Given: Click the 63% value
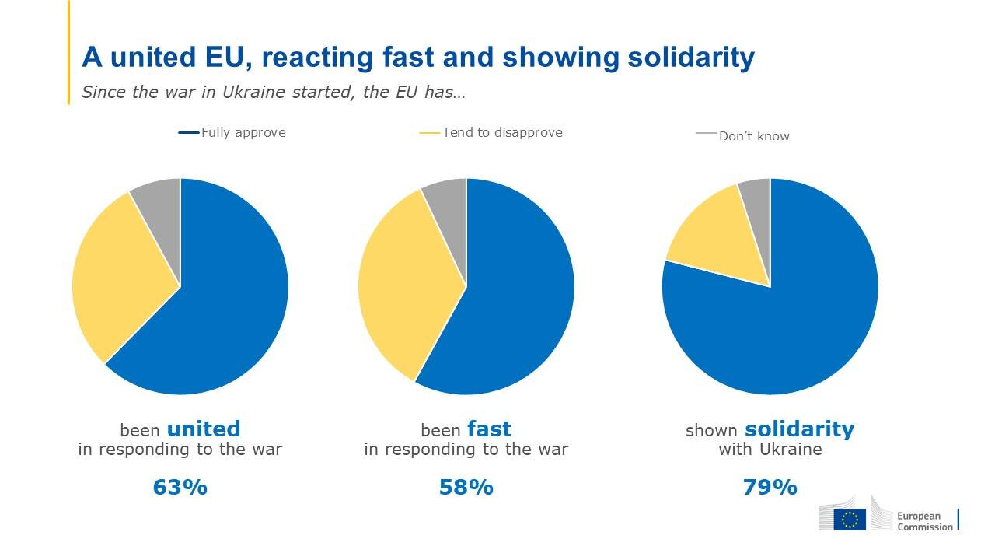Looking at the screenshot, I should pos(180,488).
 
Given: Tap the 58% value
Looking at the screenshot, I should pos(466,488).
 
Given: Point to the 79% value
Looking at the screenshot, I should pos(770,488).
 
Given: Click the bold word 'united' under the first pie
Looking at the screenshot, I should pos(204,429).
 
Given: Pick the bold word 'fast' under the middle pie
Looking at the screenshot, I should pos(489,429).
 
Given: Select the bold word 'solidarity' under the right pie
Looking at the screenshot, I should pos(799,429).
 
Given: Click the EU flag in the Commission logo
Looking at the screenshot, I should pos(850,520).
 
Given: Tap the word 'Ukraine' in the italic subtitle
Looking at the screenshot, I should pos(256,92).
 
